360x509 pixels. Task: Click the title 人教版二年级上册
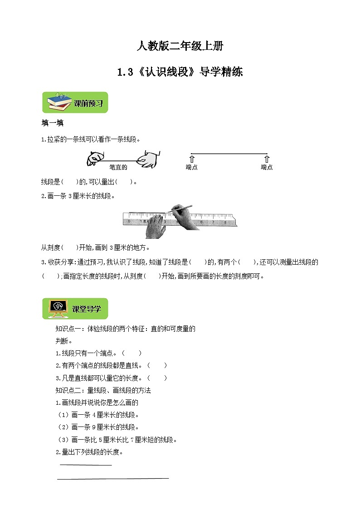coord(180,46)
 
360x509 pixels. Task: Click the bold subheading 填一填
coord(50,123)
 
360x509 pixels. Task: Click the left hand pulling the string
coord(93,159)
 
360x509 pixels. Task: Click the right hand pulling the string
coord(149,159)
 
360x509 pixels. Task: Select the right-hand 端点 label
coord(267,167)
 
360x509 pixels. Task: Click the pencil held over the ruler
coord(181,208)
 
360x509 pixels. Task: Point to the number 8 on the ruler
coord(225,222)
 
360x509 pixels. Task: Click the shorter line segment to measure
coord(86,465)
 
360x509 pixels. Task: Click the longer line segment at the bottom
coord(113,478)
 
